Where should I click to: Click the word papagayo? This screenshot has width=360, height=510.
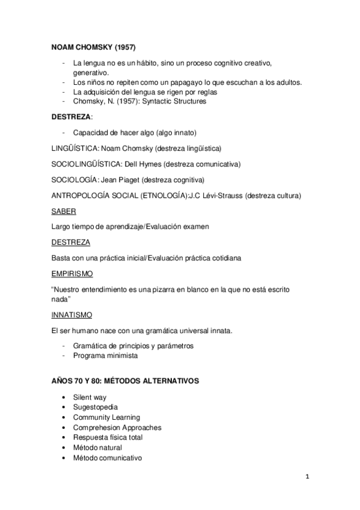196,82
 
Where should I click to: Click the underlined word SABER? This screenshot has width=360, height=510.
63,211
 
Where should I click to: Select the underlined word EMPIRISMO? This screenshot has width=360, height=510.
72,273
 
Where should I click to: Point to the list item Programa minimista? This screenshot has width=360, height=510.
105,355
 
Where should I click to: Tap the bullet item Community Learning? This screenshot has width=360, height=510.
106,417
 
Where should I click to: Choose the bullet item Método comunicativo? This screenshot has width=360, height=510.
108,457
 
